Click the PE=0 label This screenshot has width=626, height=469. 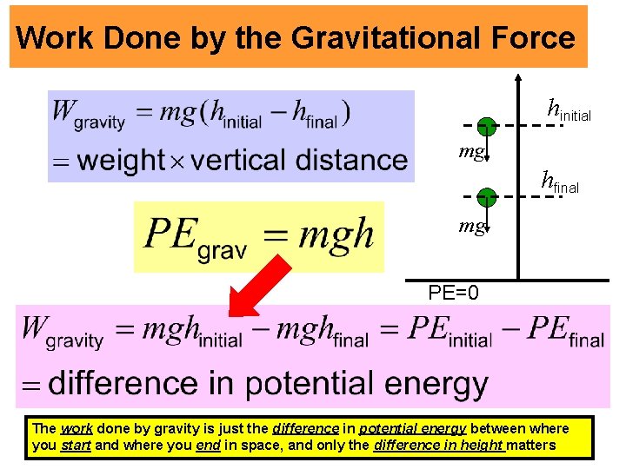click(x=453, y=292)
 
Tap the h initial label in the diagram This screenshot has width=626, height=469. click(x=568, y=110)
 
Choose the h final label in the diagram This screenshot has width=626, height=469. click(x=560, y=182)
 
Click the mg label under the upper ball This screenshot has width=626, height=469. click(x=471, y=152)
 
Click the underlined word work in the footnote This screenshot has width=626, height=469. click(x=77, y=428)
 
